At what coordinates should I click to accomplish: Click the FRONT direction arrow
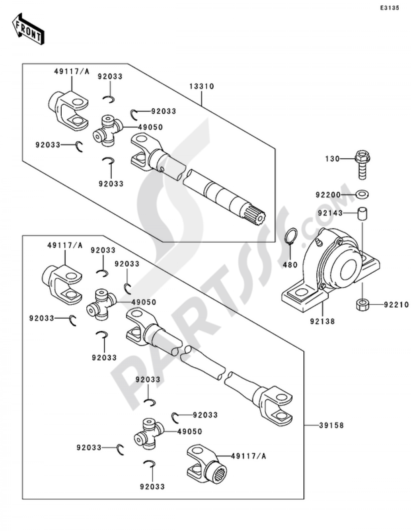pos(28,29)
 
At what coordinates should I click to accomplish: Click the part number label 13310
pos(201,86)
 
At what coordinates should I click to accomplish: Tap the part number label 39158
pos(331,425)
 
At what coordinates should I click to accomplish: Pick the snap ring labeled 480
pos(291,237)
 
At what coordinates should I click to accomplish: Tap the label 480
pos(290,265)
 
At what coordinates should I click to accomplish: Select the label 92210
pos(396,305)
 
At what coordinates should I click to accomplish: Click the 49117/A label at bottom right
pos(249,456)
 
